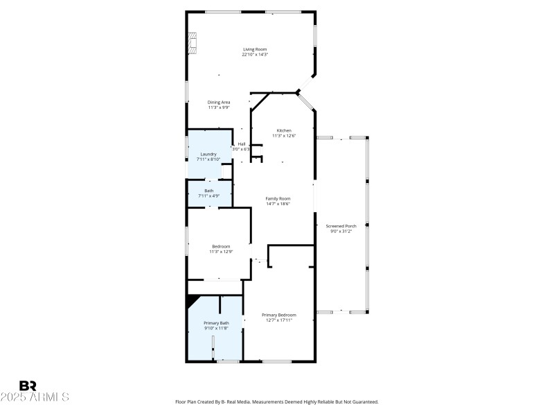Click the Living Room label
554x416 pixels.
255,49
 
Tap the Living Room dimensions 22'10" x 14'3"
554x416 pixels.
255,55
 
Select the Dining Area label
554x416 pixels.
219,102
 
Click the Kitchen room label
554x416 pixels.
284,130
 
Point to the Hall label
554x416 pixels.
242,144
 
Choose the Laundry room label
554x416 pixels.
208,154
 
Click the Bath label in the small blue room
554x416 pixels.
208,191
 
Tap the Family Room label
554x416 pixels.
278,198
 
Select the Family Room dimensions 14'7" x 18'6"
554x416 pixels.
278,204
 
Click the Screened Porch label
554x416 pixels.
341,226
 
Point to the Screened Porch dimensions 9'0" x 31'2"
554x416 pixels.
341,232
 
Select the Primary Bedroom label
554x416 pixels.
279,315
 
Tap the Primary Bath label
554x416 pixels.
216,323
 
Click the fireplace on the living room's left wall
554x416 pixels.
193,42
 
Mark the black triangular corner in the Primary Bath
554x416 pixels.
191,300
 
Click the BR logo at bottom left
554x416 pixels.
28,385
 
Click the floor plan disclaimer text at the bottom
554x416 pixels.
276,402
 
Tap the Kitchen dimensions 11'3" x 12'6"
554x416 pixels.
284,136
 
